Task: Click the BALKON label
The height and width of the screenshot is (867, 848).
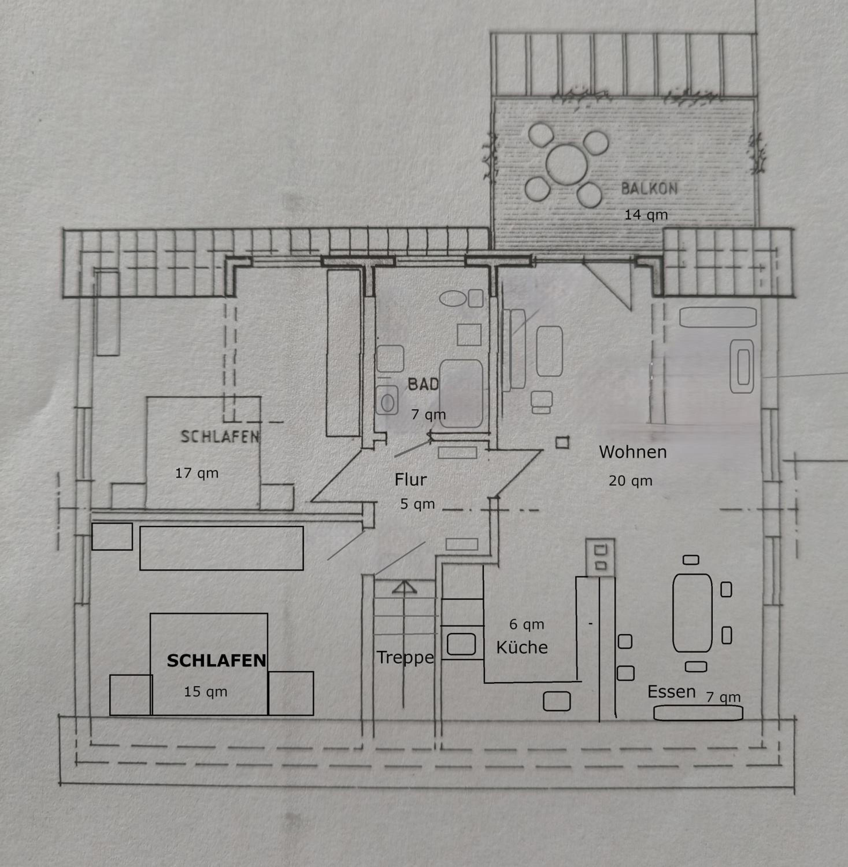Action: click(x=649, y=189)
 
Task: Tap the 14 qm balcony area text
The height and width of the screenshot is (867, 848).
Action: click(x=646, y=215)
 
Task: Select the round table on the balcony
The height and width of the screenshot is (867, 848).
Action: click(x=566, y=164)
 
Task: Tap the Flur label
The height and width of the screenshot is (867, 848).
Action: click(x=411, y=479)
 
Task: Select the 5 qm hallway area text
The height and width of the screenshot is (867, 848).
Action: click(x=417, y=504)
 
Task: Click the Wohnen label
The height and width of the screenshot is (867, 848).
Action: click(x=633, y=452)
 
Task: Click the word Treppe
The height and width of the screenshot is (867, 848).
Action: click(x=405, y=657)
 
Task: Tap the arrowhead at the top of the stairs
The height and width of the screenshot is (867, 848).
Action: click(x=404, y=587)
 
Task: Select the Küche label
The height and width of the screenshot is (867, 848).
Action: click(x=522, y=647)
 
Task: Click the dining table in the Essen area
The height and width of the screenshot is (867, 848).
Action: click(x=692, y=613)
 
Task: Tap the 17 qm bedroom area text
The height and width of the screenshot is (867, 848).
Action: click(x=197, y=473)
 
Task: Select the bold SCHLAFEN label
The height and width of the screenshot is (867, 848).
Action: click(x=216, y=661)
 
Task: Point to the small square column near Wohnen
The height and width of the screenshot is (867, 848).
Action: click(x=562, y=443)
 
